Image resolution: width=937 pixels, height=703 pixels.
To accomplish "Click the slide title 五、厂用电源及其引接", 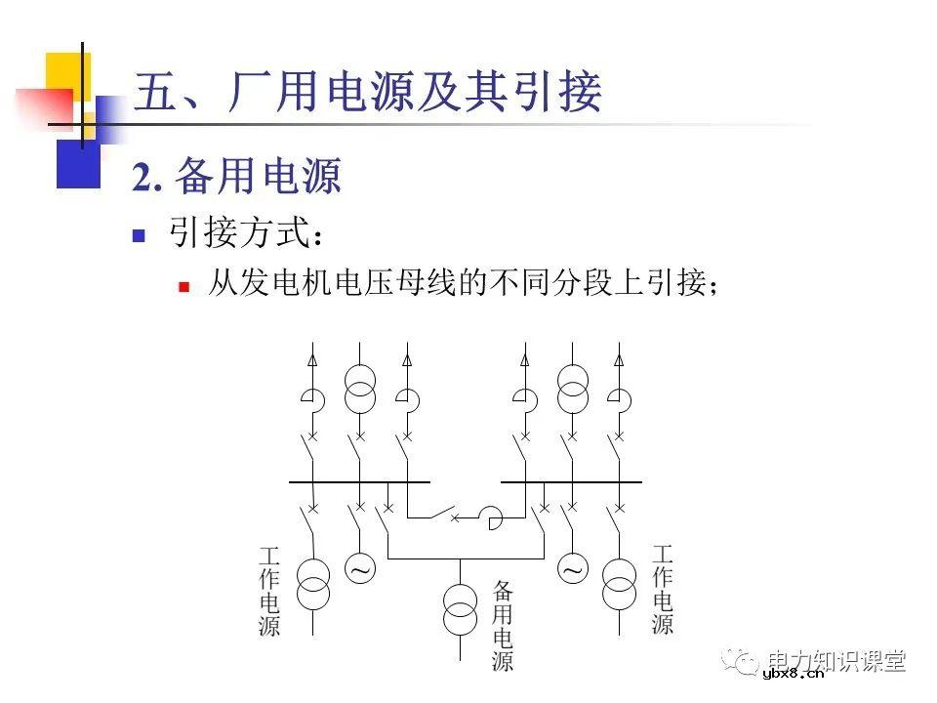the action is coord(367,94).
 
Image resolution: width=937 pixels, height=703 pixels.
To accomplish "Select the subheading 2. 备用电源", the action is coord(237,178).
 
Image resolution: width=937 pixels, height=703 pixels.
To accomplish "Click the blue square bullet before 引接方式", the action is coord(139,235).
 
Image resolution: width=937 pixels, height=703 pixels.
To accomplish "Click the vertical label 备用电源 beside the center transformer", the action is coord(503,625).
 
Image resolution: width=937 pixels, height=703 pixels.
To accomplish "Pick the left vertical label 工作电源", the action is coord(269,591).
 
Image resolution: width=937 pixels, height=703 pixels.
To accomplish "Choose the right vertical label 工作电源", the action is coord(663,591).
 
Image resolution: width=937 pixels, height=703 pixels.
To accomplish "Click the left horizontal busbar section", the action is coord(359,481).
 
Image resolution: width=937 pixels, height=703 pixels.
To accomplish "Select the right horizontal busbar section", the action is coord(572,481).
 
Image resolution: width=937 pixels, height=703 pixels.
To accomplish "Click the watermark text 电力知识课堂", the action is coord(837,661).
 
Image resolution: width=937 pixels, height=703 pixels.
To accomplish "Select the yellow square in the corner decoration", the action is coord(66,75).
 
